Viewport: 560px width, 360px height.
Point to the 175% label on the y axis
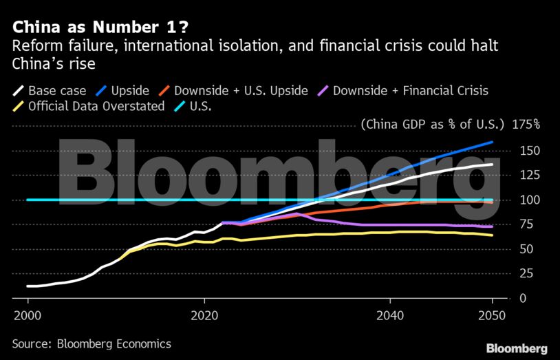[526, 125]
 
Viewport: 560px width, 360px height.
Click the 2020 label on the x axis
[204, 315]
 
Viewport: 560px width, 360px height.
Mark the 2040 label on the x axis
[389, 315]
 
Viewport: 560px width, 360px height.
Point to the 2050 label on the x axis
[492, 315]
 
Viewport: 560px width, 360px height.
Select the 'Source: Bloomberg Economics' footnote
[91, 343]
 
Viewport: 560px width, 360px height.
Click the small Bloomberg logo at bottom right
[517, 348]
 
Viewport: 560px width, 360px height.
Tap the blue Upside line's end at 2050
[492, 142]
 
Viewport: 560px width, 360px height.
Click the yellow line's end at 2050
[492, 235]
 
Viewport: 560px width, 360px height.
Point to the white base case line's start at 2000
[28, 286]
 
